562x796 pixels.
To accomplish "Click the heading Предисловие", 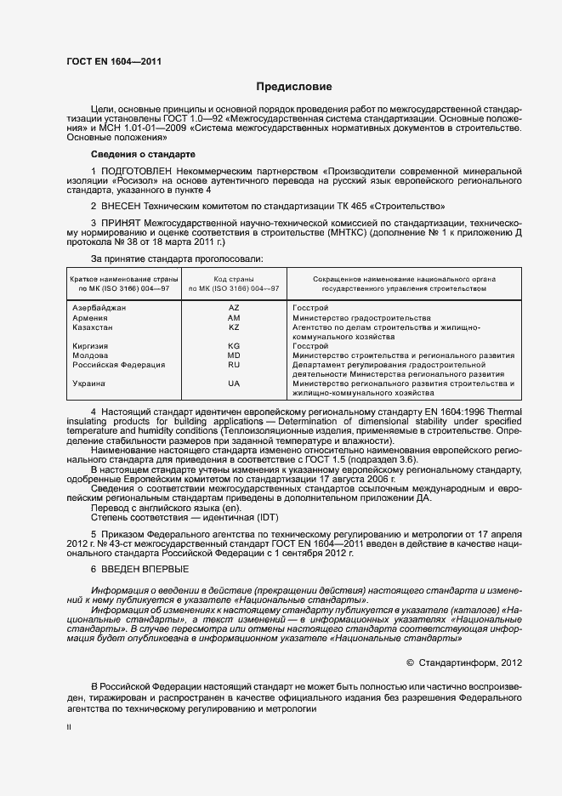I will click(294, 87).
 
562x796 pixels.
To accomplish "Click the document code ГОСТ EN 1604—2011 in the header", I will click(113, 61).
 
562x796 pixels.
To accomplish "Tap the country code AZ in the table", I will click(234, 307).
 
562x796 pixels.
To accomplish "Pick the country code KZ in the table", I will click(234, 327).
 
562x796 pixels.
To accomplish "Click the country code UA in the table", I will click(234, 384).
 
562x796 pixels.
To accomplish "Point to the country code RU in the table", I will click(234, 365).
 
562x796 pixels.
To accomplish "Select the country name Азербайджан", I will click(99, 307).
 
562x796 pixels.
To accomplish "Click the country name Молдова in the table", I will click(91, 355).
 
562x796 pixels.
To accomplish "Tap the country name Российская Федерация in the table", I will click(119, 365).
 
